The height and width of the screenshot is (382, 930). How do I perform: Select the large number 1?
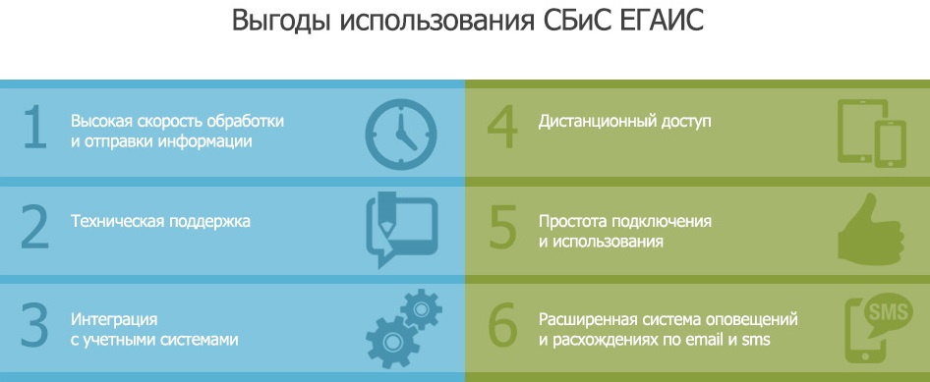[x=34, y=129]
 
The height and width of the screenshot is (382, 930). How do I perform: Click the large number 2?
[x=34, y=228]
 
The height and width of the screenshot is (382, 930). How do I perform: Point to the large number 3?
[x=34, y=326]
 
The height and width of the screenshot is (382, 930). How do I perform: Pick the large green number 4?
[x=503, y=129]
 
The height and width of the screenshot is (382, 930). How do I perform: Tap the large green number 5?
[x=502, y=228]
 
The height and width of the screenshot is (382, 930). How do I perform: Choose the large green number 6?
[x=503, y=326]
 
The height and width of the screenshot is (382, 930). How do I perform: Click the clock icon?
[x=401, y=135]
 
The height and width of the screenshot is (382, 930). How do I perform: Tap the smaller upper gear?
[x=421, y=309]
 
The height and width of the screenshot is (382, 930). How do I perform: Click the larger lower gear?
[x=392, y=342]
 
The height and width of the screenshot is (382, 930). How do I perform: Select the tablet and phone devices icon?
[x=871, y=134]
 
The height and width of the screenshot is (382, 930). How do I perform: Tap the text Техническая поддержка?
[x=160, y=222]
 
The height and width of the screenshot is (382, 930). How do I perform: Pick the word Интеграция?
[x=114, y=320]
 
